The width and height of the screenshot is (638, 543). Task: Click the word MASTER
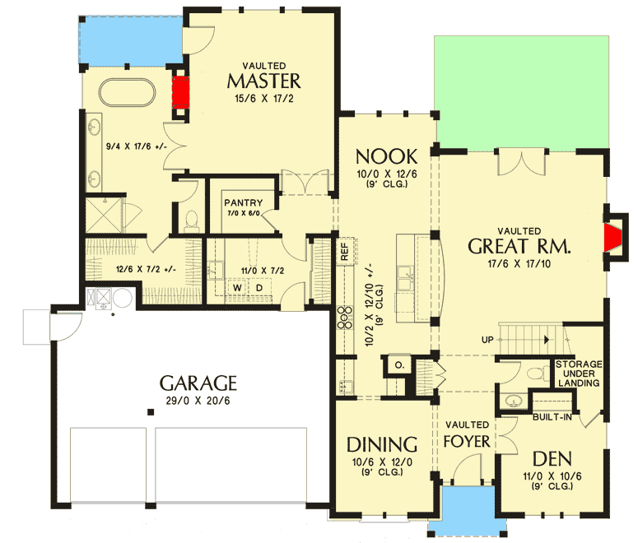[263, 81]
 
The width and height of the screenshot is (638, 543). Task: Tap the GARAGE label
[198, 383]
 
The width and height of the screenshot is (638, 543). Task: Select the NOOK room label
[386, 156]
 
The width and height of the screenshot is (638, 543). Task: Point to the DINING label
[381, 444]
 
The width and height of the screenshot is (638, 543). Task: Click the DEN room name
[552, 458]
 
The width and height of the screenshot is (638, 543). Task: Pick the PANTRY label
[243, 203]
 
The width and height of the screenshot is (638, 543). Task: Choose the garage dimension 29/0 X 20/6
[198, 402]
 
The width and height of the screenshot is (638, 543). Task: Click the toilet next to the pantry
[191, 220]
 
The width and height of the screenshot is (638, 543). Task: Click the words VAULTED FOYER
[468, 433]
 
